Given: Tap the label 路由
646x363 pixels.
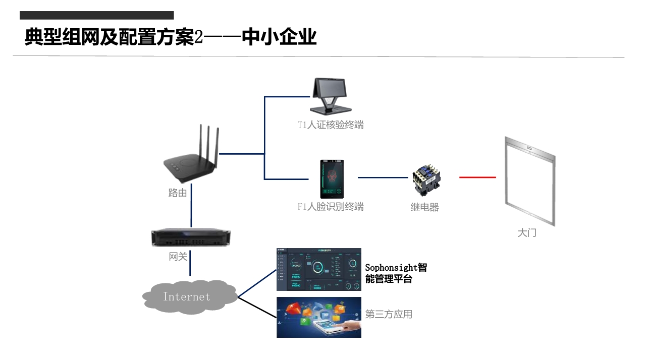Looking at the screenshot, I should tap(178, 193).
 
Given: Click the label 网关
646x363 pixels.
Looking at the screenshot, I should tap(178, 257).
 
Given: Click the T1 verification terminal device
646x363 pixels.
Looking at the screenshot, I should tap(331, 96).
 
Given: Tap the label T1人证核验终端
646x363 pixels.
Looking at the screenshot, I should tap(331, 125).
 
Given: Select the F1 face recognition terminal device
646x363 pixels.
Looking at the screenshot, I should tap(332, 179).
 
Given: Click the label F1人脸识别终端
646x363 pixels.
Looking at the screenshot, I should tap(331, 207).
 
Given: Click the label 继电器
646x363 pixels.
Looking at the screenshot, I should tap(424, 207).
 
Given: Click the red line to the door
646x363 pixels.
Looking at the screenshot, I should tap(477, 177).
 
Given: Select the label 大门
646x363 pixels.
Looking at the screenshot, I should tap(527, 233).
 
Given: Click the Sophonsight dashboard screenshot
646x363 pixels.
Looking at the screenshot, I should tap(318, 269).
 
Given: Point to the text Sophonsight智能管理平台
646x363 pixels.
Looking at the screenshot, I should tap(396, 273).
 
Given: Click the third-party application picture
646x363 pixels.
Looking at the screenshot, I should tap(318, 317).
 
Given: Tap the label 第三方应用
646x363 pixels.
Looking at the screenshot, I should tap(389, 314).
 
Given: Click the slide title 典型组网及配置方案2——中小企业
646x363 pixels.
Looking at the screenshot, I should tap(171, 37).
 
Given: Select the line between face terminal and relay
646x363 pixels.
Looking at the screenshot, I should tap(383, 177).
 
